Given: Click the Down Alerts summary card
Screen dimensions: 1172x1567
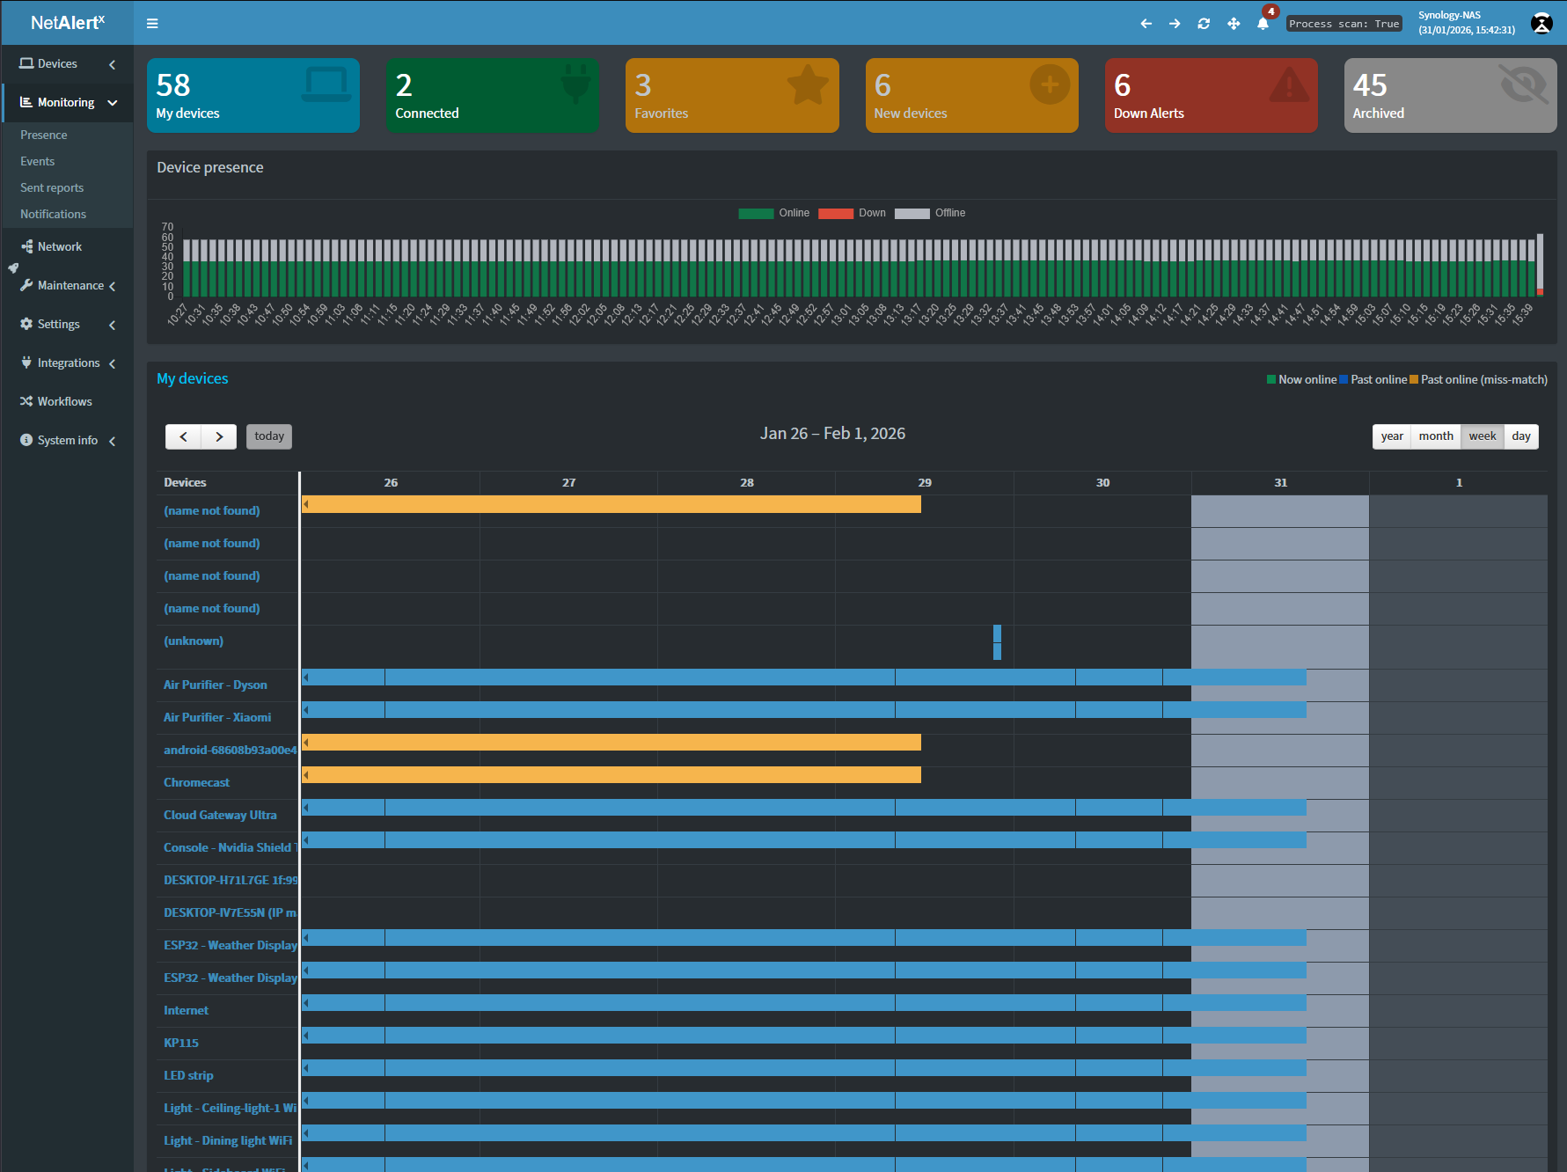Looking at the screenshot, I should tap(1211, 96).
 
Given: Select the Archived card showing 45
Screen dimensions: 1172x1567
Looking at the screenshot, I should tap(1449, 96).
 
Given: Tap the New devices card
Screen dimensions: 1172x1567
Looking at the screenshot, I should tap(971, 96).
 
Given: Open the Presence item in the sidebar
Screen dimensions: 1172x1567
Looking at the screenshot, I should tap(44, 135).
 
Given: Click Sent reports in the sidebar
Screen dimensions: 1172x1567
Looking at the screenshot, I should tap(52, 187).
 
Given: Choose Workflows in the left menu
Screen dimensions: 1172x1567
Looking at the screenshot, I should tap(64, 401).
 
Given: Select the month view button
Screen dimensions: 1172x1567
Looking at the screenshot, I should tap(1435, 436).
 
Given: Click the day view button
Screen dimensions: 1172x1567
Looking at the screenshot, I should tap(1520, 436).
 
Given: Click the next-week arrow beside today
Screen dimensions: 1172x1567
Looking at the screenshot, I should tap(219, 436).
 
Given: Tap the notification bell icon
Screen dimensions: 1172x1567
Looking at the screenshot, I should tap(1263, 24).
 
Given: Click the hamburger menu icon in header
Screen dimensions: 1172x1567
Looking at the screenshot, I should tap(152, 24).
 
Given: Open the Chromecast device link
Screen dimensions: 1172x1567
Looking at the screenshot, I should tap(196, 782).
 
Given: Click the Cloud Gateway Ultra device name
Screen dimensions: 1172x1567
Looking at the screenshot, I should tap(220, 815).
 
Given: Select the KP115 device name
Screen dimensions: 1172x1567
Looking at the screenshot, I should tap(181, 1043).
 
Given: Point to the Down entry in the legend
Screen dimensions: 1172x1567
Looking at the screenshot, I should tap(852, 213).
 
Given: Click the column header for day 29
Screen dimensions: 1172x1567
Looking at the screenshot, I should tap(924, 482).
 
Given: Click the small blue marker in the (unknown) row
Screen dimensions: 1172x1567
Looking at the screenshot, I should tap(997, 641).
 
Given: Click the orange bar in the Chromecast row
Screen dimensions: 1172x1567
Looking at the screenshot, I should tap(611, 775).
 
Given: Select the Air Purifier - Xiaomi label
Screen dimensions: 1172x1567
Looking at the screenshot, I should tap(217, 717).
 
